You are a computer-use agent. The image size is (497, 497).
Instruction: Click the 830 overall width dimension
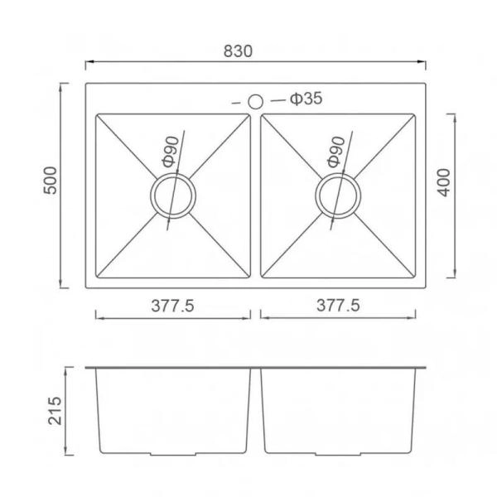(x=238, y=51)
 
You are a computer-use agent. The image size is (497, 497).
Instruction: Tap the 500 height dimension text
(x=51, y=181)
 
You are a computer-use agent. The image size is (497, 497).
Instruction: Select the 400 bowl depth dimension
(x=444, y=183)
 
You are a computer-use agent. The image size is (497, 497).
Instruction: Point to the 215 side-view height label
(x=55, y=411)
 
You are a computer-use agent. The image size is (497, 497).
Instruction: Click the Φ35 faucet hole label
(x=306, y=99)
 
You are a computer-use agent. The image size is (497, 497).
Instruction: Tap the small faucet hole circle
(x=255, y=102)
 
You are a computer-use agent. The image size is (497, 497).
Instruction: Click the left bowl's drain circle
(x=173, y=195)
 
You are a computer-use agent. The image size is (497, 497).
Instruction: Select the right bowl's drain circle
(x=338, y=195)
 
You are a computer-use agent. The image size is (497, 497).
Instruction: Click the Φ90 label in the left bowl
(x=171, y=152)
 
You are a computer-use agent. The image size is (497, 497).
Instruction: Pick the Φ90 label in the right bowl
(x=335, y=152)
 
